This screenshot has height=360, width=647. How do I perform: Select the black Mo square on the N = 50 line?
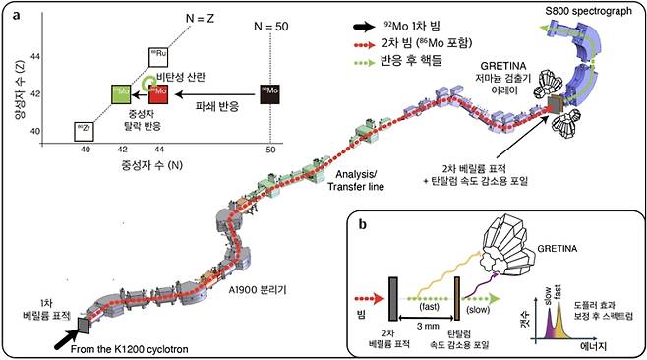point(272,95)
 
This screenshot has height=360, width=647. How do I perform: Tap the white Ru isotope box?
point(157,57)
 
